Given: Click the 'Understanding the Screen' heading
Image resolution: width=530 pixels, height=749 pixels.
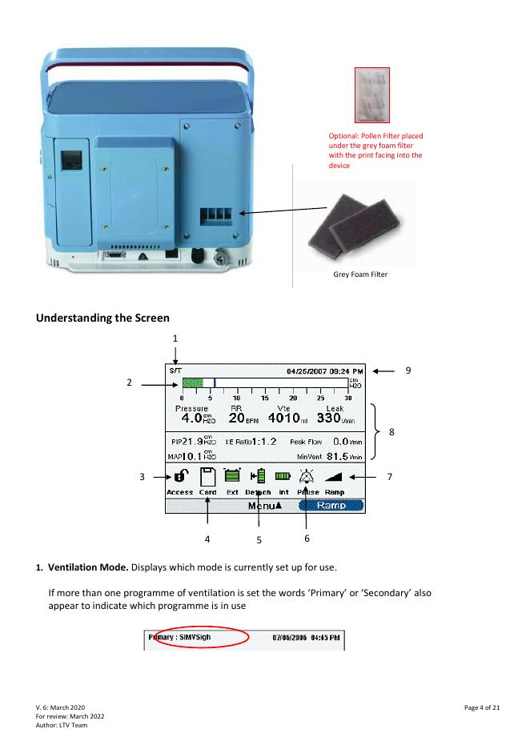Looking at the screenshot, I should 102,318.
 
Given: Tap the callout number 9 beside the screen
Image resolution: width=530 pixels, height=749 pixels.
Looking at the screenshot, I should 408,370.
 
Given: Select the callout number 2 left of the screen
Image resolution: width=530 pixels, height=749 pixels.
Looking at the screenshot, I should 129,383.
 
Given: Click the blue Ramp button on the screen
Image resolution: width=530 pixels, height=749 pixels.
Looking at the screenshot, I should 331,506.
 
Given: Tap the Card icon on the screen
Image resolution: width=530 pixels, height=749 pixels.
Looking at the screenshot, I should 207,478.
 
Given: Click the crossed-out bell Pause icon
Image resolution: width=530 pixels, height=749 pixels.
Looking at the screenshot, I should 307,478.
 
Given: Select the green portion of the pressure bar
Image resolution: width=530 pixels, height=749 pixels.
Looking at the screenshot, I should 192,383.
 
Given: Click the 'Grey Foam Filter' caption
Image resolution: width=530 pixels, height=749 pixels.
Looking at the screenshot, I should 360,274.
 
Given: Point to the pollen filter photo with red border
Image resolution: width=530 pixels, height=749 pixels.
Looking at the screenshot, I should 371,95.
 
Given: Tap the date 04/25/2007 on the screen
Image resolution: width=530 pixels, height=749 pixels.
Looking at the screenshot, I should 308,371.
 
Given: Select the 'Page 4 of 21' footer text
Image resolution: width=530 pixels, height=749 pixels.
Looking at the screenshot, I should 482,707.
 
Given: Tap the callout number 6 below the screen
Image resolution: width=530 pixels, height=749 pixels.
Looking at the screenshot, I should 307,538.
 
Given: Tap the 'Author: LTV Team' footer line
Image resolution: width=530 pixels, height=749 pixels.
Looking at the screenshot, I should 62,725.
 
